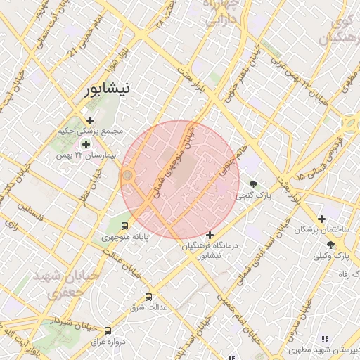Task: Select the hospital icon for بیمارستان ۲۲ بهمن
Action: pyautogui.click(x=86, y=144)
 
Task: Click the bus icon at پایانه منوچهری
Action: pyautogui.click(x=124, y=226)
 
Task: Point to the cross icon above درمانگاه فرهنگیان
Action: pyautogui.click(x=210, y=235)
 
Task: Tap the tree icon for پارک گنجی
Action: pyautogui.click(x=253, y=184)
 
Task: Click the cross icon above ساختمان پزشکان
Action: pyautogui.click(x=322, y=219)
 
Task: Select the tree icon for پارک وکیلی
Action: pyautogui.click(x=330, y=244)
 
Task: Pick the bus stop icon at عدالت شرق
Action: pyautogui.click(x=148, y=297)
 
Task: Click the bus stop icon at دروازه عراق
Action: pyautogui.click(x=108, y=330)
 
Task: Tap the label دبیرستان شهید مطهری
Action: pyautogui.click(x=324, y=349)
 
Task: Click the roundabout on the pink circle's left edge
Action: pyautogui.click(x=128, y=176)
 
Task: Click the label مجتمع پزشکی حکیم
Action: pyautogui.click(x=92, y=131)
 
